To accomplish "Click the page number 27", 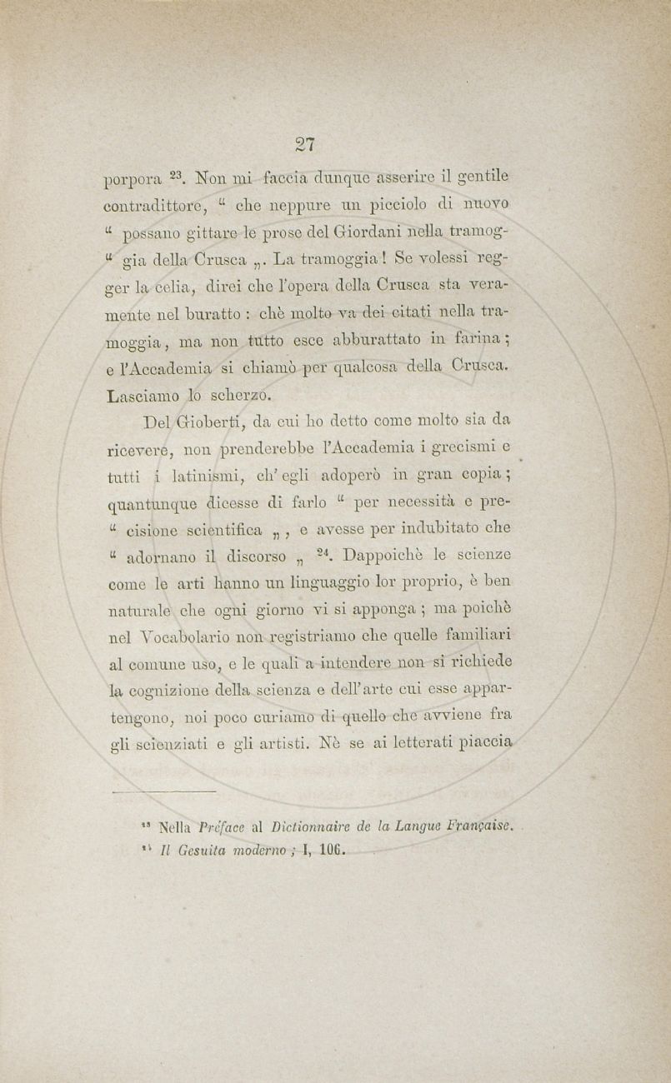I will pos(303,144).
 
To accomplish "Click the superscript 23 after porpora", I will pos(180,176).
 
